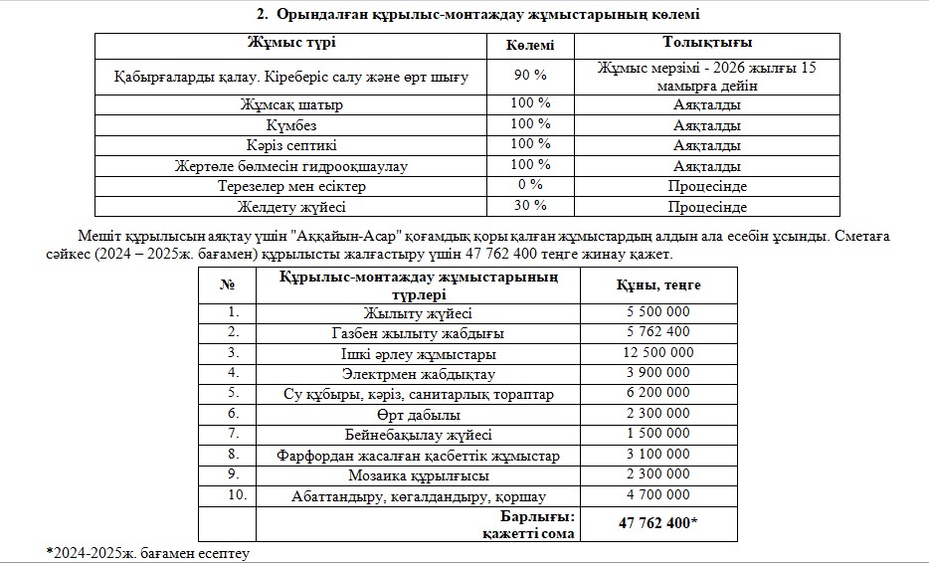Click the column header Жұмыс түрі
(x=291, y=44)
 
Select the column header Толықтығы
(x=706, y=44)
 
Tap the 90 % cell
(x=529, y=76)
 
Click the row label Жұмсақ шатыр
(x=291, y=103)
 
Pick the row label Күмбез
(x=291, y=124)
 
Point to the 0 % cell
(x=529, y=185)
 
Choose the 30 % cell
(x=529, y=206)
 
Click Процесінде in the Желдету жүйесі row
(x=706, y=207)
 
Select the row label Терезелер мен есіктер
(x=291, y=186)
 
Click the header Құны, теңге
(x=659, y=285)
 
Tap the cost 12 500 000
(x=659, y=353)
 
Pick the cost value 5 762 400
(x=659, y=332)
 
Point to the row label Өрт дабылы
(x=419, y=414)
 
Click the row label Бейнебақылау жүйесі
(x=419, y=435)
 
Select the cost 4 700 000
(x=659, y=495)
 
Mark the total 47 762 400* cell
(x=659, y=523)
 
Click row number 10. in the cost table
(x=233, y=495)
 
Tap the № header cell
(x=227, y=285)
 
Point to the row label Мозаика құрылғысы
(x=419, y=475)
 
